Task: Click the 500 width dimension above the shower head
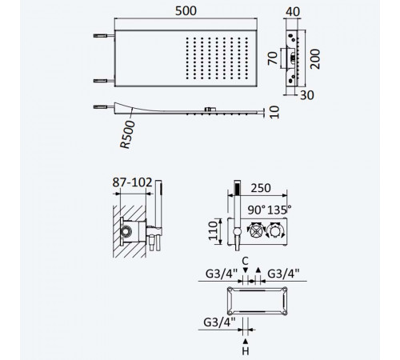pos(186,11)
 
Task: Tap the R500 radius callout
pos(128,134)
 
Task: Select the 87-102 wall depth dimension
pos(132,182)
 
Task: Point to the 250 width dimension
pos(261,188)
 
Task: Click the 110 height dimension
pos(214,230)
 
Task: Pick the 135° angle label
pos(279,210)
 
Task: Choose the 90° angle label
pos(257,210)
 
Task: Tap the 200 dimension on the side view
pos(315,59)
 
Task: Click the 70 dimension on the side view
pos(272,58)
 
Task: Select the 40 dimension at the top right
pos(293,12)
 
